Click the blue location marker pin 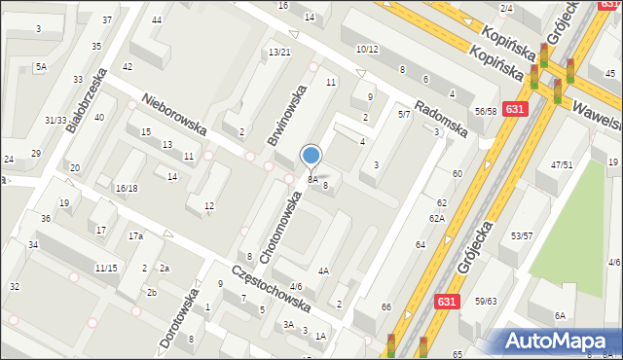click(x=311, y=156)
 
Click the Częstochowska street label click(x=272, y=290)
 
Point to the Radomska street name click(x=442, y=114)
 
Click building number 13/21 click(x=279, y=52)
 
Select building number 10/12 click(x=367, y=49)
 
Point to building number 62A click(x=437, y=218)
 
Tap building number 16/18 click(x=127, y=188)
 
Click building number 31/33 click(x=55, y=120)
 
